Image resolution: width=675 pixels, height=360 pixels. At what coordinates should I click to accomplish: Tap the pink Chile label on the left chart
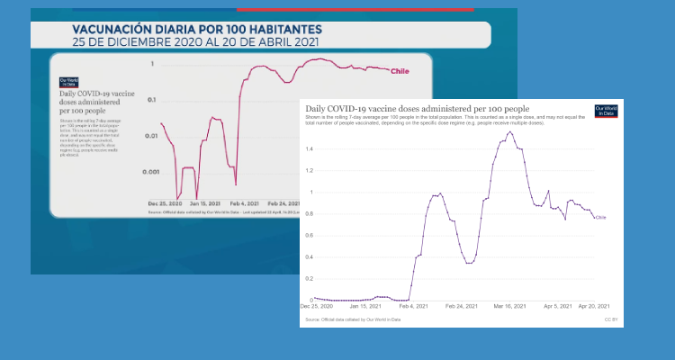click(x=400, y=71)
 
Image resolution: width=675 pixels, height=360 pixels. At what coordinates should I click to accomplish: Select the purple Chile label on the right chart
click(x=600, y=217)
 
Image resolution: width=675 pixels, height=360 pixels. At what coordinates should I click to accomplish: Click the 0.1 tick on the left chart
click(x=152, y=100)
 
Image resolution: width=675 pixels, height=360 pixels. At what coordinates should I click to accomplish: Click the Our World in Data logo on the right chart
click(x=605, y=112)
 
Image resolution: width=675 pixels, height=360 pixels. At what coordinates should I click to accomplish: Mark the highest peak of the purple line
click(x=510, y=132)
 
